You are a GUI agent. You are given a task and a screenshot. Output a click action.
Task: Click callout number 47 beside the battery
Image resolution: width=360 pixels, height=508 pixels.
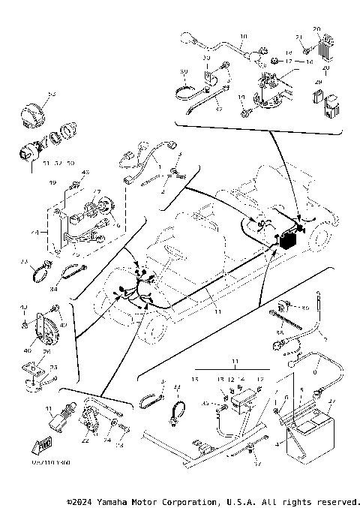(x=334, y=404)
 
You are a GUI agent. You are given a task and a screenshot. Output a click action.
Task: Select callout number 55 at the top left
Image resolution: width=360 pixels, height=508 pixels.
(x=52, y=95)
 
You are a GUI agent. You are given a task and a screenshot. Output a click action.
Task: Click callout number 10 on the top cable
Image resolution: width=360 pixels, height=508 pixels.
(x=244, y=37)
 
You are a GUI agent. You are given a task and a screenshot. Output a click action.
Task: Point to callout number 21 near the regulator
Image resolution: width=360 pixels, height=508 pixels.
(x=298, y=38)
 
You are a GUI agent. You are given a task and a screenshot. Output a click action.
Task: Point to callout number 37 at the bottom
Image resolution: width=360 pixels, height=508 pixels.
(x=257, y=463)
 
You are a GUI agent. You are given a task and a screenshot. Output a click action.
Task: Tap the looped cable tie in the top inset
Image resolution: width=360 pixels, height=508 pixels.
(x=187, y=93)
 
